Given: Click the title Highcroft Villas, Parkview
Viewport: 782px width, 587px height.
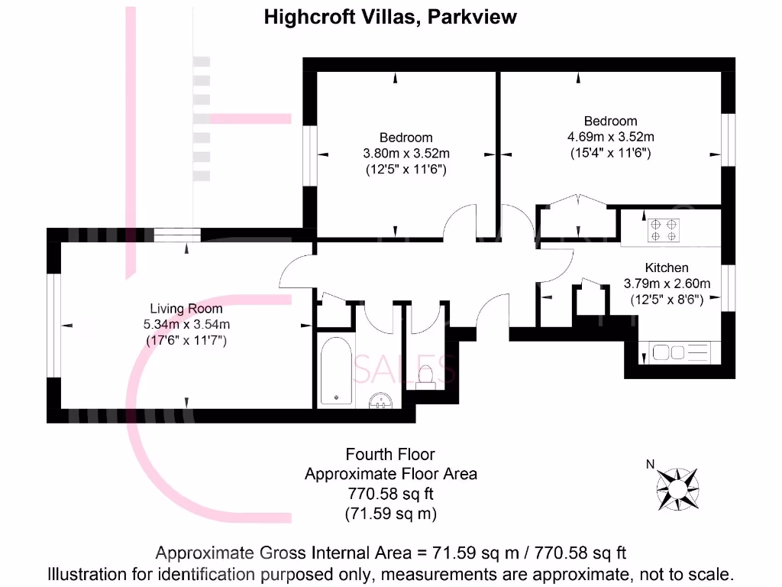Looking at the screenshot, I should tap(390, 18).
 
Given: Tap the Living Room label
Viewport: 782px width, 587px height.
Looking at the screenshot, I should tap(186, 309).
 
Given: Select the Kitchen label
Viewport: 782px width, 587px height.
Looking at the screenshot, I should tap(667, 268).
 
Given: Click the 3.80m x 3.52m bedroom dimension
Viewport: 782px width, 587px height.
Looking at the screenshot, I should tap(406, 153).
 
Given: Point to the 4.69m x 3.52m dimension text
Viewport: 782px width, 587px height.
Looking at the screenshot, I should tap(610, 137).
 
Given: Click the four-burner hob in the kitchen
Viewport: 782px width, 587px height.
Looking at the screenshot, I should tap(664, 230).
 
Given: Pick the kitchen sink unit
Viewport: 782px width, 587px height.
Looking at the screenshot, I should tap(679, 352).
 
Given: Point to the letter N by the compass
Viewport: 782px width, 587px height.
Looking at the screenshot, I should tap(650, 464).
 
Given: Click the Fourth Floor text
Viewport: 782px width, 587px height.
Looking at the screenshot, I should tap(390, 455).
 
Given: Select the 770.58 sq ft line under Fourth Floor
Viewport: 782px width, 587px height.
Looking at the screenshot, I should tap(390, 494).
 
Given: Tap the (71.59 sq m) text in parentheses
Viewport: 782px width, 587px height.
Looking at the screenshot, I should tap(390, 514).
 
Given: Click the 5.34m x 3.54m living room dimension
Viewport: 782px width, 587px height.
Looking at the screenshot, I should tap(186, 324).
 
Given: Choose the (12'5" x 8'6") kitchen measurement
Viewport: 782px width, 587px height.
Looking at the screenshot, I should tap(667, 300).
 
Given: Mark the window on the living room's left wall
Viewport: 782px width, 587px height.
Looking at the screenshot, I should tap(53, 326).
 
